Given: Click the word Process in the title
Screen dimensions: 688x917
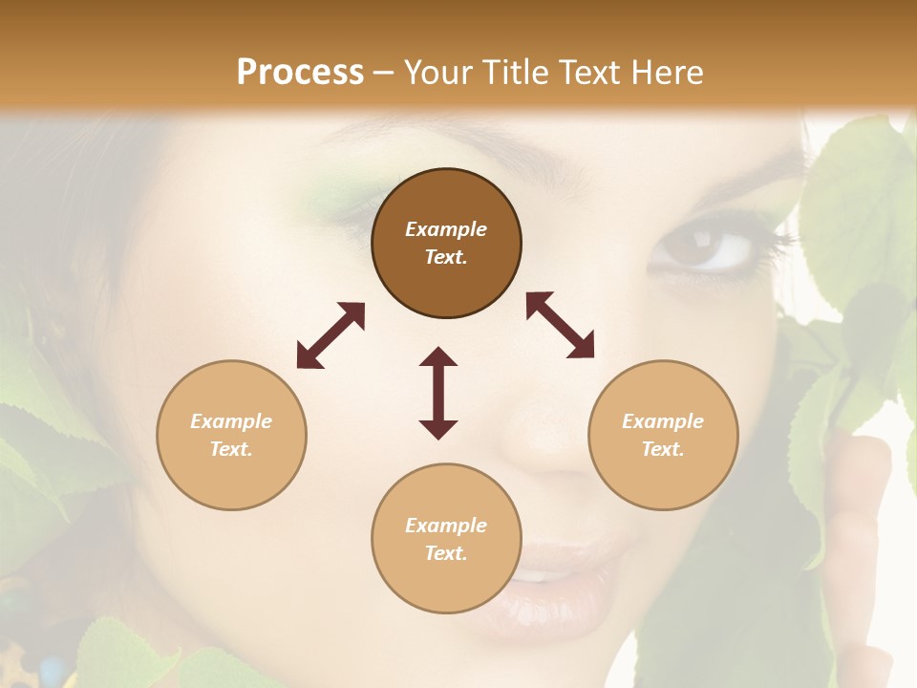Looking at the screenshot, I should tap(300, 73).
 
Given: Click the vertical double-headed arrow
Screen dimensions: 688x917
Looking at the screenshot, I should tap(438, 393).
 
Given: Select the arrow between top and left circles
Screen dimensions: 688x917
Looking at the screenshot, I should tap(331, 335).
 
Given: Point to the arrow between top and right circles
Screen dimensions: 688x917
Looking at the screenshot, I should tap(560, 325).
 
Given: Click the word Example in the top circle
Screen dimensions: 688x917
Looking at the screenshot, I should tap(446, 229).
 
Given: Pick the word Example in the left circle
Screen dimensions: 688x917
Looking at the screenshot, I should tap(231, 421).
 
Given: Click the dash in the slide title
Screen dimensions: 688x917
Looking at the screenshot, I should tap(384, 73).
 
